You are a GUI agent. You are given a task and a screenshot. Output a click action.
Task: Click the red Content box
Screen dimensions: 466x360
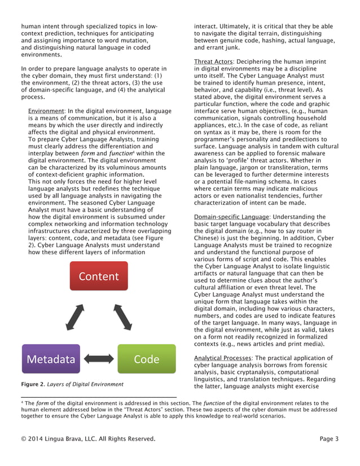(99, 276)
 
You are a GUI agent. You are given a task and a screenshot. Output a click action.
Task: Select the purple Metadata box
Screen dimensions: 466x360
(51, 359)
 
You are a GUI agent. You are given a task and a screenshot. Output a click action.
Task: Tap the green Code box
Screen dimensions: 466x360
(146, 359)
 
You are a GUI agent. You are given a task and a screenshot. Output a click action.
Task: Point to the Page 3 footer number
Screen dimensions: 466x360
(328, 438)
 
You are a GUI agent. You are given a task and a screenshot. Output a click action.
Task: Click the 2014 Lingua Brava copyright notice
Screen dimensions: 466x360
(87, 438)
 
